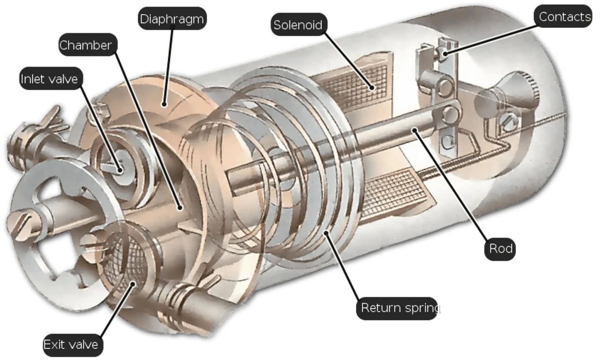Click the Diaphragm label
pos(172,19)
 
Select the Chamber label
pos(85,45)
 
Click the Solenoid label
pos(298,25)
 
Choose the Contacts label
pos(564,17)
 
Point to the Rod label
pos(500,248)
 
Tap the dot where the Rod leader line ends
pos(414,131)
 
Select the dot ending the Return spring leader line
pos(327,233)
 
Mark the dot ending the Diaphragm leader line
pos(164,104)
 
